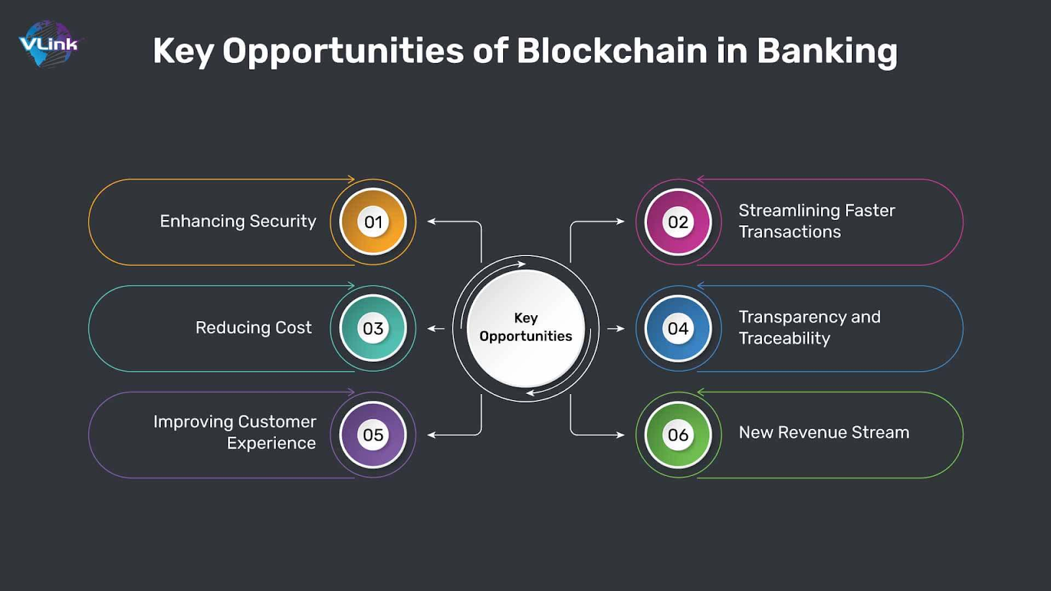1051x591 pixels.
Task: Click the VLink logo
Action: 48,44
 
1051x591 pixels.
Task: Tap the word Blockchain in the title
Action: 612,51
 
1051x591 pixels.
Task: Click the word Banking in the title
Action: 826,51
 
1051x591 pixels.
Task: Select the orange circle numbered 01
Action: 373,222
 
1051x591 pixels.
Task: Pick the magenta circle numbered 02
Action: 678,222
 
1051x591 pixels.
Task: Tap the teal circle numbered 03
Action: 373,328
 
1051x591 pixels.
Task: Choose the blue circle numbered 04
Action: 678,328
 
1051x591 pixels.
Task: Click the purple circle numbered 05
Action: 373,435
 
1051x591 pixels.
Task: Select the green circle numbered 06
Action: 678,435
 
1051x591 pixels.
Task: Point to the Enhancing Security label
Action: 238,221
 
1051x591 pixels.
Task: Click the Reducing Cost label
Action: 254,328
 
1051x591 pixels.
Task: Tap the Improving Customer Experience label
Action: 235,432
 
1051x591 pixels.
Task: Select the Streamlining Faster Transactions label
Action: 816,221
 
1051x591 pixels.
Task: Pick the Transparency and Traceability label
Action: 809,327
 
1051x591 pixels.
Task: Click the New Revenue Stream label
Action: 824,432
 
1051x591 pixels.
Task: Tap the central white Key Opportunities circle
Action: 525,328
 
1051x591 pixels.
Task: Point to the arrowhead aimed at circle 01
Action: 432,221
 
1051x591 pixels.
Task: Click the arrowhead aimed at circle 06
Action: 619,435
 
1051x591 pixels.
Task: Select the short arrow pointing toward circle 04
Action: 615,328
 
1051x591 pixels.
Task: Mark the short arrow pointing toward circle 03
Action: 436,328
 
